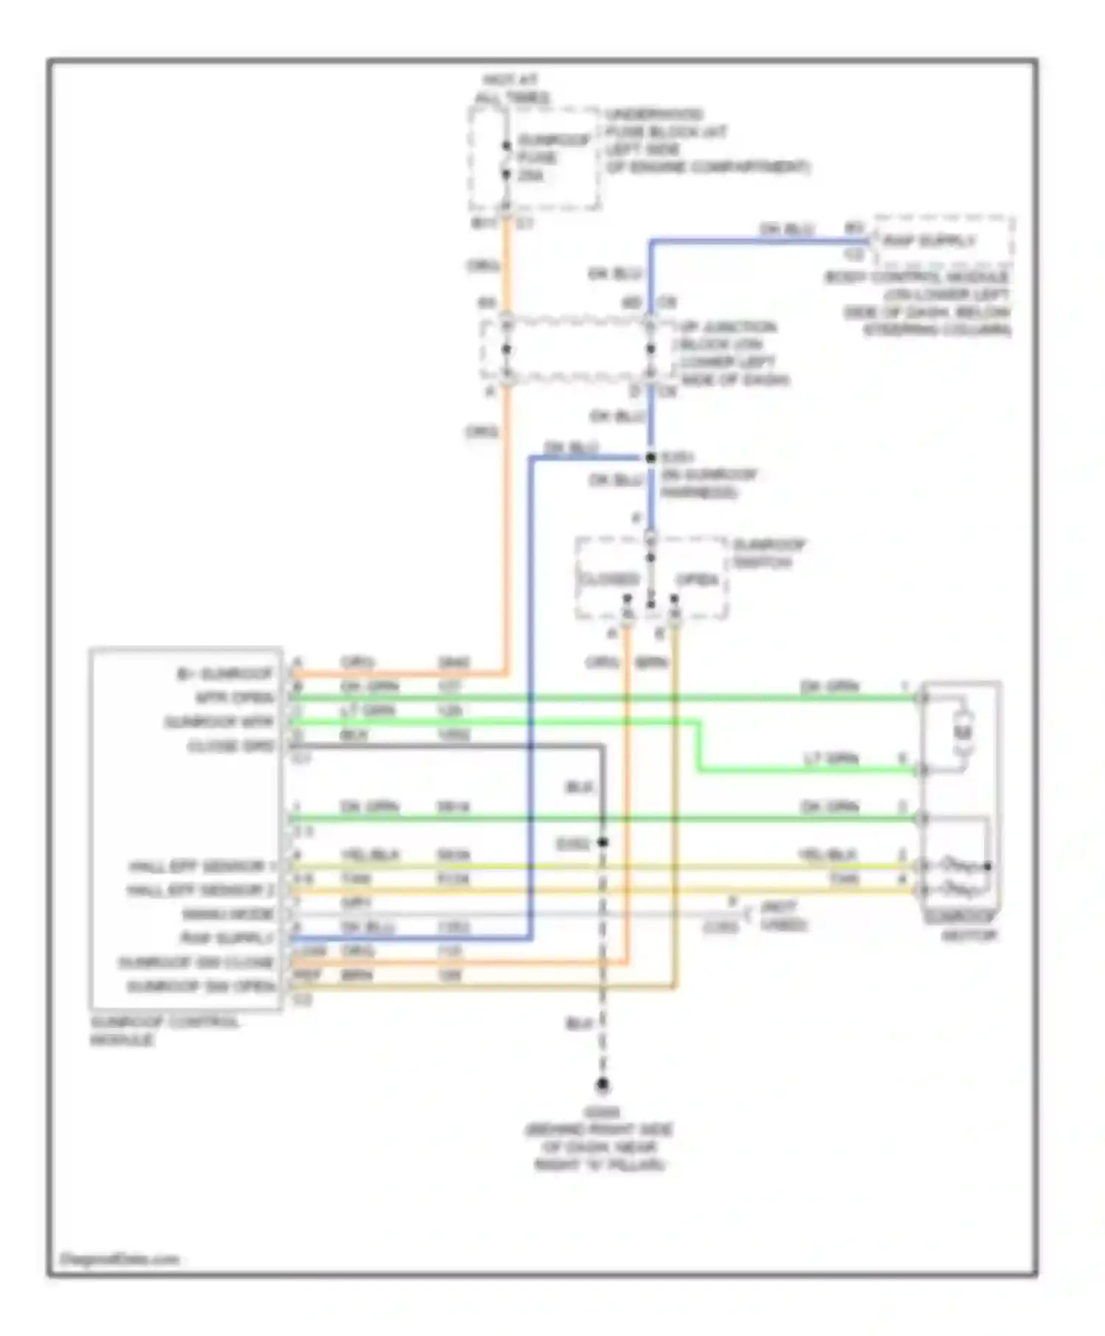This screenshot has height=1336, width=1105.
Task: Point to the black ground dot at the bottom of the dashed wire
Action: point(603,1085)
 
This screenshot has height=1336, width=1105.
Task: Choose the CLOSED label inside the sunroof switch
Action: point(608,579)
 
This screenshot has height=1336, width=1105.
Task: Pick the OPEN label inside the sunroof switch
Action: point(696,580)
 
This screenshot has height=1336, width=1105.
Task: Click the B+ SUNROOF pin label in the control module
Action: point(225,673)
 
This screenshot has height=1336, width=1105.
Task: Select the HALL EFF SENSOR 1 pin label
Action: point(201,866)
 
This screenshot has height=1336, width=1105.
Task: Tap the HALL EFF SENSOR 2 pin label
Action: point(200,890)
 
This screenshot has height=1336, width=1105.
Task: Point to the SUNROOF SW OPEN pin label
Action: point(201,986)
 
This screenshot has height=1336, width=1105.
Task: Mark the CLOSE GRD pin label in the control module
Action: point(231,746)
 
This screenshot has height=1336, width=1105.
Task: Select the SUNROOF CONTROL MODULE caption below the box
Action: point(164,1030)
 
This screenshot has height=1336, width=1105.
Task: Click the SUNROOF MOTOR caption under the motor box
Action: point(961,927)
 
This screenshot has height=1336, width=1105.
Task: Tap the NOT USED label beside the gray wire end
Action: point(783,915)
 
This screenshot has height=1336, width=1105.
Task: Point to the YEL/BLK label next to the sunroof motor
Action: point(827,856)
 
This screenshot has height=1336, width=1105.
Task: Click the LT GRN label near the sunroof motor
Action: point(831,758)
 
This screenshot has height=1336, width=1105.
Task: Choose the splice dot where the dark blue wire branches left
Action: point(650,458)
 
